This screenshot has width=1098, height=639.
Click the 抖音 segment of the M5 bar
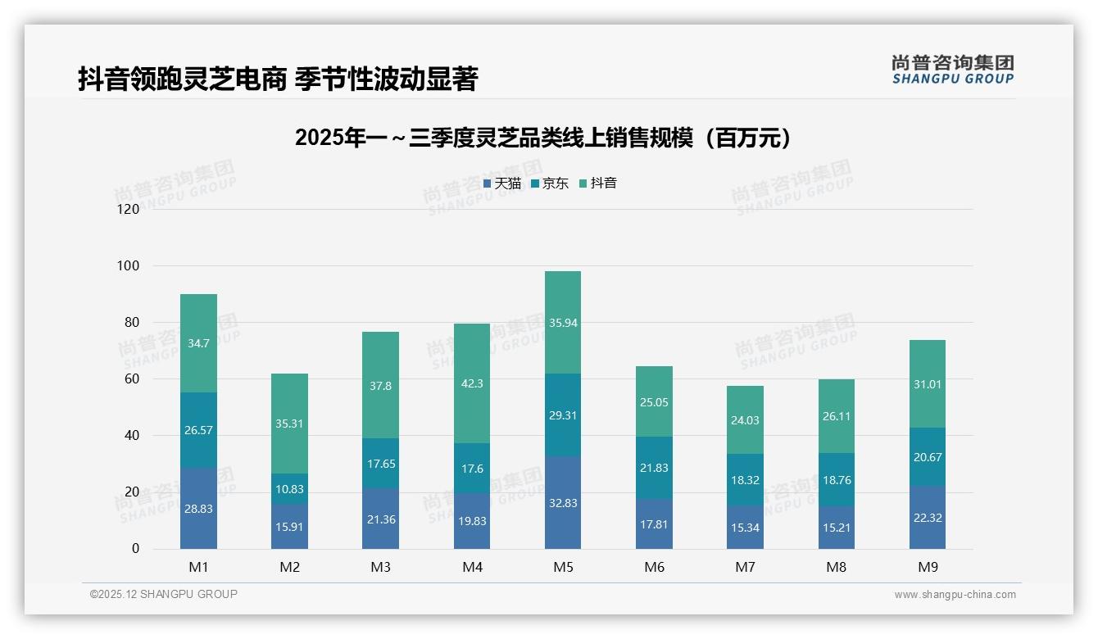(x=562, y=323)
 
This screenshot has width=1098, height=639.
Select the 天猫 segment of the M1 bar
(x=198, y=508)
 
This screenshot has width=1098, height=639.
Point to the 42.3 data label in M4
(x=471, y=383)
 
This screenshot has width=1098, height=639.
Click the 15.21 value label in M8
(x=836, y=528)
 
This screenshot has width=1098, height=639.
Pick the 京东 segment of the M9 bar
(x=927, y=457)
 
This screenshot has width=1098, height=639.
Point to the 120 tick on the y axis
(x=129, y=209)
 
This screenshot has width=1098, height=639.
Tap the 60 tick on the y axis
(x=132, y=379)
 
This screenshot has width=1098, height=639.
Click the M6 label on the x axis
(x=654, y=567)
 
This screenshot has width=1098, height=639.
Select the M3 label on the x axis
(x=380, y=567)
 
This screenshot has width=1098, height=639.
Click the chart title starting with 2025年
(x=543, y=138)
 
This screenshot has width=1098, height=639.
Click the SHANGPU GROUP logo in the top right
(x=952, y=70)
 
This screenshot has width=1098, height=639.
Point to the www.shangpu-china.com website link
(x=955, y=595)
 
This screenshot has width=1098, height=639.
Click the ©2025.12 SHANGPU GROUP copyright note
(x=164, y=595)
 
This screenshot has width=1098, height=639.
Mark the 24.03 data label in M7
(x=745, y=420)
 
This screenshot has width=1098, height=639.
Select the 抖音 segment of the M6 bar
(x=654, y=401)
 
